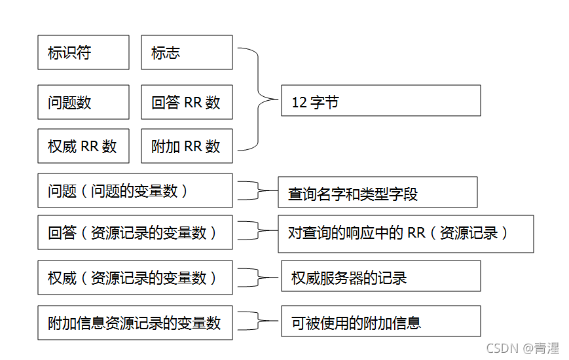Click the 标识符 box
(x=83, y=52)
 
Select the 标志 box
(x=187, y=52)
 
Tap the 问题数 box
(x=83, y=102)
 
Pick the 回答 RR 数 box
(x=187, y=102)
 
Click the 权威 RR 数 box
(x=83, y=146)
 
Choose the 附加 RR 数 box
(x=187, y=146)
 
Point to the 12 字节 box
(x=380, y=101)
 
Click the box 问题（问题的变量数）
(x=135, y=190)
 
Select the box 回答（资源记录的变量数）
(x=135, y=232)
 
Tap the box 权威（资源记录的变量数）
(x=135, y=278)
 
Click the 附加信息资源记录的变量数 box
(x=135, y=322)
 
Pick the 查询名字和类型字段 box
(x=377, y=192)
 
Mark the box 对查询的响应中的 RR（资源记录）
(x=405, y=234)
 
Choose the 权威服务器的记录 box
(x=380, y=277)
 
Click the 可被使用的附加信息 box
(x=380, y=321)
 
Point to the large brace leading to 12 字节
(x=258, y=99)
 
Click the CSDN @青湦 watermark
(x=524, y=348)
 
